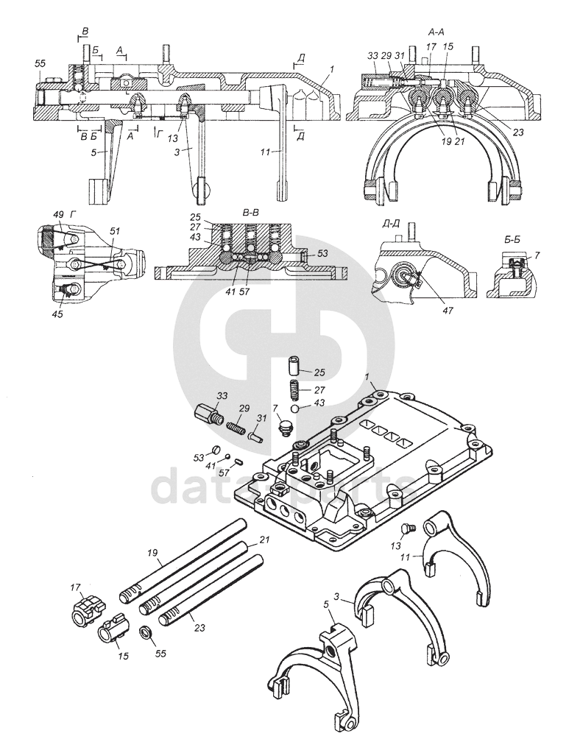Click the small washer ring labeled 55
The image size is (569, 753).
click(146, 631)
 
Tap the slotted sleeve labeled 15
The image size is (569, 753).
click(112, 628)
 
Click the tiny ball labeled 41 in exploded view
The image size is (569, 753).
click(228, 457)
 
